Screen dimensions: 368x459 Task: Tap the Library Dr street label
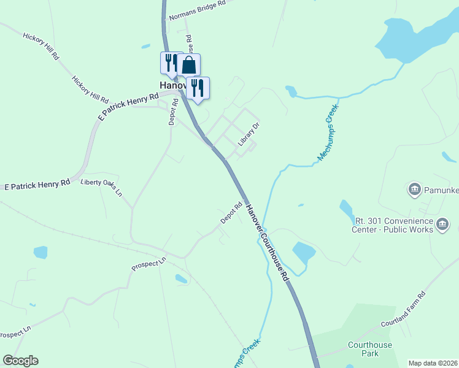(x=250, y=133)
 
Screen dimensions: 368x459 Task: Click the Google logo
(x=20, y=361)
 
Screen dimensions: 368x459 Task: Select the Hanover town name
(x=169, y=85)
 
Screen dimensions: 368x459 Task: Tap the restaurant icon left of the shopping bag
(x=171, y=62)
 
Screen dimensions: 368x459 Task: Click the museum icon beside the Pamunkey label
(x=414, y=188)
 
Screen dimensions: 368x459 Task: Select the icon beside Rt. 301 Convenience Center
(x=442, y=225)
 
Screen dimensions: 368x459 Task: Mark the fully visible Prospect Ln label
(x=149, y=264)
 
